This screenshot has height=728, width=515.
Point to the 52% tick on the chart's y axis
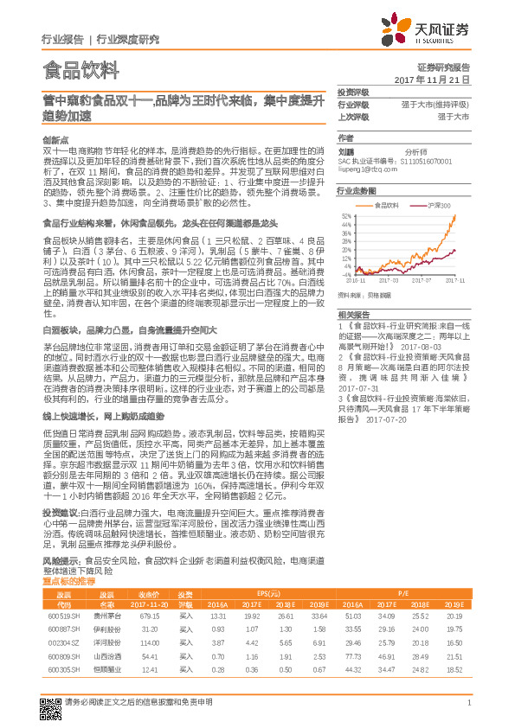click(x=346, y=215)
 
